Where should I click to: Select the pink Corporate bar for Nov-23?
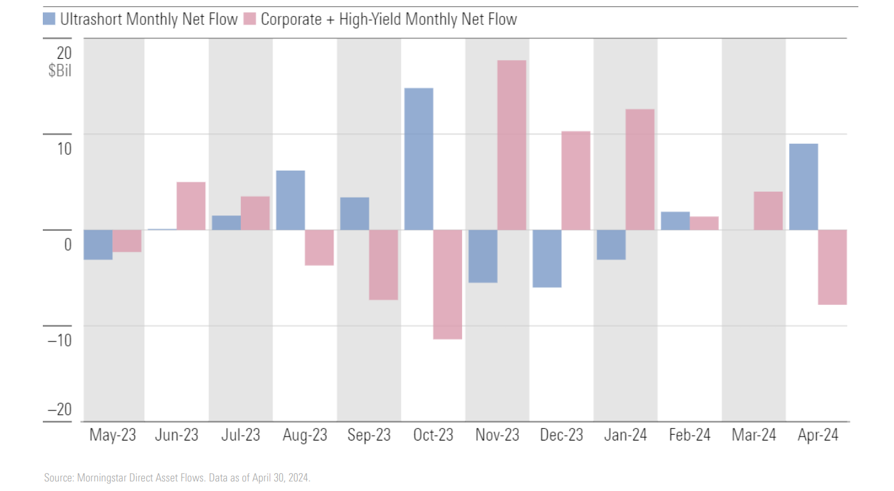[511, 145]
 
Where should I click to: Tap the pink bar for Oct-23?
[447, 284]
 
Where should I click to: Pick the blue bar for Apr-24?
[803, 187]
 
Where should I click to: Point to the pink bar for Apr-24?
[832, 267]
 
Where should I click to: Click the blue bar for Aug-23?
[290, 200]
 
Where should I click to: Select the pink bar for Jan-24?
[640, 169]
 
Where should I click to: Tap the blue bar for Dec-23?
[547, 258]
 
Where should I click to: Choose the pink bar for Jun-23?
[191, 206]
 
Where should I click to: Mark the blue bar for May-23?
[98, 244]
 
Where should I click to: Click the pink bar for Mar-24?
[768, 210]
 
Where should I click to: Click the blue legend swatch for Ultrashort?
[50, 19]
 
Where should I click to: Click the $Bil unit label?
[59, 71]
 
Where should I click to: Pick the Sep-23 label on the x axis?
[369, 435]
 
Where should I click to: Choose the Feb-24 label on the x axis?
[690, 435]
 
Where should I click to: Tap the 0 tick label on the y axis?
[67, 244]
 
